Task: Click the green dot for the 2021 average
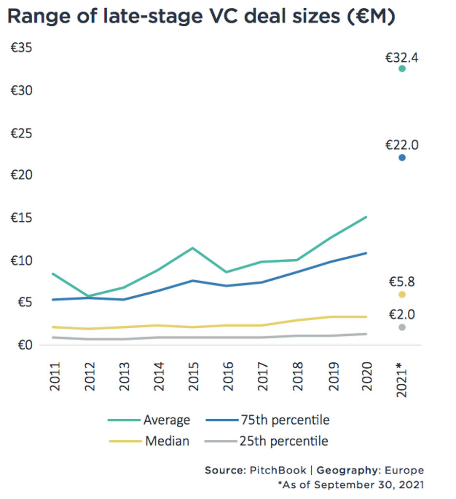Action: point(402,69)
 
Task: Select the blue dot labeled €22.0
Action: point(402,158)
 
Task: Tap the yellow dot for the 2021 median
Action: point(402,294)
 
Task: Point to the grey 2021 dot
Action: point(402,327)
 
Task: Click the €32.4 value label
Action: point(402,58)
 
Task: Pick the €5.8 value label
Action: point(402,282)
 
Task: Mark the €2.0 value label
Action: point(402,315)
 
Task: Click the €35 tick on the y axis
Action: point(21,48)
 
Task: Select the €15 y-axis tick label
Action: point(21,217)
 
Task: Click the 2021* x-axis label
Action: point(402,379)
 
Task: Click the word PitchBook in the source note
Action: point(278,470)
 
